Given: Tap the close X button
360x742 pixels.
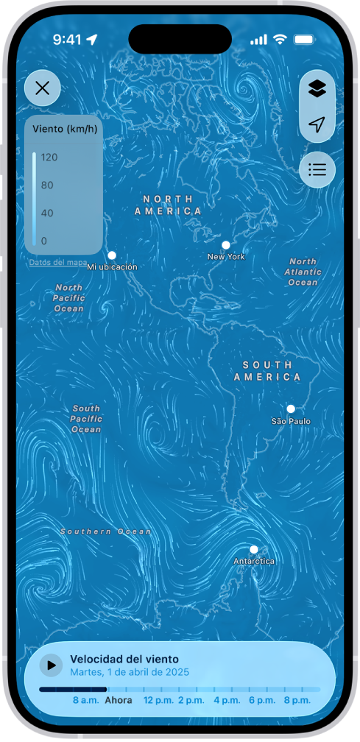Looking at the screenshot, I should coord(43,89).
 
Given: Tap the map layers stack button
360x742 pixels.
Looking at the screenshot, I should coord(317,89).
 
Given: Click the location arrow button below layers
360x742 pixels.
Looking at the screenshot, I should coord(317,125).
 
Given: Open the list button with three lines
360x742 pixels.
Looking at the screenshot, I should coord(317,170).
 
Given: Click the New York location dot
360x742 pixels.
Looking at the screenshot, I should coord(226,245).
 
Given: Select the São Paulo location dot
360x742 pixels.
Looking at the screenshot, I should coord(291,409).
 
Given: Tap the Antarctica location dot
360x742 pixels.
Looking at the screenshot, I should coord(253,549).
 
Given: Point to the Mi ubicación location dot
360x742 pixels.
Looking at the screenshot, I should coord(112,255).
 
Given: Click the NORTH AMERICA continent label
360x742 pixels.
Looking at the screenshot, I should coord(168,205).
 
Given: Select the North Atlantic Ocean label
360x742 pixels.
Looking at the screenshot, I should coord(303,272).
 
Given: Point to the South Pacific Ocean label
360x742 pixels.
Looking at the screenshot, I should coord(86,419).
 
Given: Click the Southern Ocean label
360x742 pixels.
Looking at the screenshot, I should coord(106,531).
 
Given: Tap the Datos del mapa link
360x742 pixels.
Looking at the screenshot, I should coord(58,263).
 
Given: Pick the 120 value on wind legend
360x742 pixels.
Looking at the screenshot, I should coord(49,157).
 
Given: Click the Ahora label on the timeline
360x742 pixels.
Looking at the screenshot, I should coord(119,700).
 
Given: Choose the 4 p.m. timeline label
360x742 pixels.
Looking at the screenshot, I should coord(226,700).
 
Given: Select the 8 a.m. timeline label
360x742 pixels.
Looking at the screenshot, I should coord(85,700).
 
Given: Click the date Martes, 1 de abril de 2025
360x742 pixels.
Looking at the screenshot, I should coord(130,672).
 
